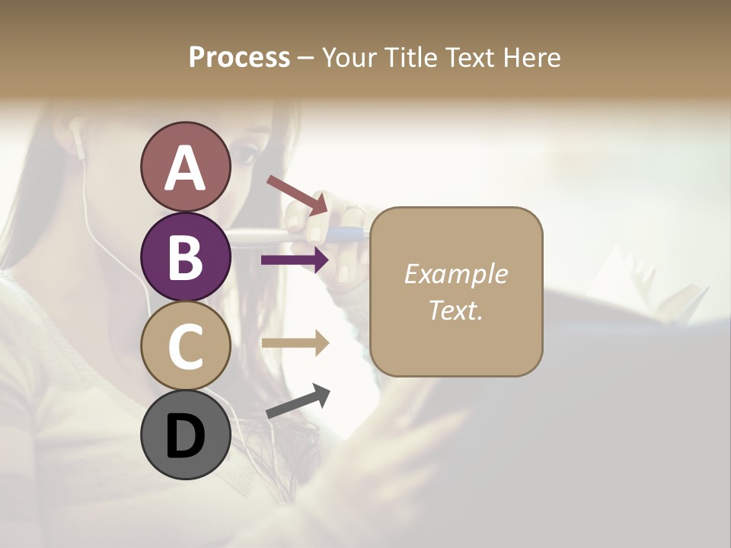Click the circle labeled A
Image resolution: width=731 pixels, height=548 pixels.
pos(185,167)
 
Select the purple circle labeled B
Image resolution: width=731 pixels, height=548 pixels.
pos(185,256)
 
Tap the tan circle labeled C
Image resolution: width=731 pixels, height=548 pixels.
pos(185,346)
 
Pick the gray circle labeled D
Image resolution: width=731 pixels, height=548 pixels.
pos(185,435)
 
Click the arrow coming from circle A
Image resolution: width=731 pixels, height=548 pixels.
pos(298,195)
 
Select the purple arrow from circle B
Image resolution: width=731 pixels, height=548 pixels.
pos(295,260)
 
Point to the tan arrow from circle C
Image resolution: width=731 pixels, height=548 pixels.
pos(295,343)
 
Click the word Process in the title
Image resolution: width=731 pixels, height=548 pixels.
pos(239,58)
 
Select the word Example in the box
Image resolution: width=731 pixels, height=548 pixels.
pos(455,274)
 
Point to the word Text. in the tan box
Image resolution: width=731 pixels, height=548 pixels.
pos(455,310)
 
